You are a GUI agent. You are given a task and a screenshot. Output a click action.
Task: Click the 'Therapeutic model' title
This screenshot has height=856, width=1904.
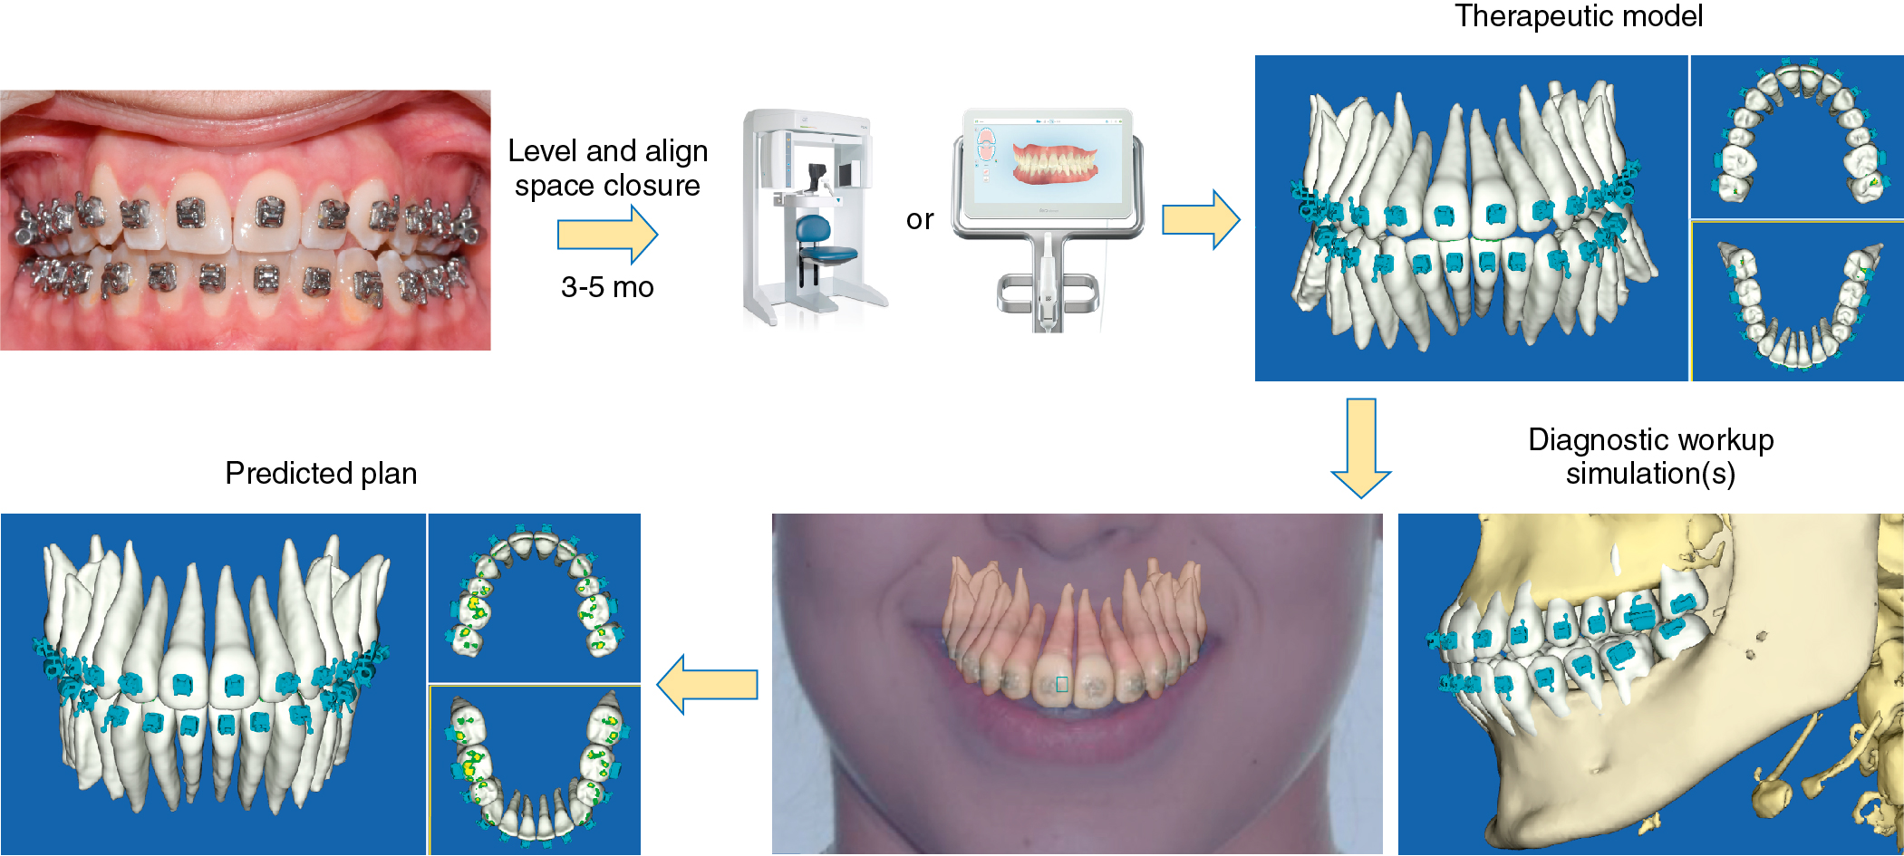pos(1578,16)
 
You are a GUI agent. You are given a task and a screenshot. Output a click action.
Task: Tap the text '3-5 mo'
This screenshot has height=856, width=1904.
pos(607,287)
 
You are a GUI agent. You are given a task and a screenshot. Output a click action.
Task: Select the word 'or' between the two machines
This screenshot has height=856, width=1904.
pos(919,219)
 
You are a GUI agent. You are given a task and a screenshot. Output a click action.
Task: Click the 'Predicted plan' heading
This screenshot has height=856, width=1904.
pos(321,473)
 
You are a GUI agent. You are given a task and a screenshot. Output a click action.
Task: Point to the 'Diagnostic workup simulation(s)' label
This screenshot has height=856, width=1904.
pos(1650,456)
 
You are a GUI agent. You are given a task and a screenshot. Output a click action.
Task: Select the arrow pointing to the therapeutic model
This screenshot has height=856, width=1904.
pos(1200,219)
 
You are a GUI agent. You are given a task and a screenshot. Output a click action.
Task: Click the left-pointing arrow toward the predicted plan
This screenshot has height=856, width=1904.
pos(708,685)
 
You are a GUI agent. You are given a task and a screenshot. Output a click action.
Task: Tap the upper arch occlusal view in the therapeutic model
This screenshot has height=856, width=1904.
pos(1796,136)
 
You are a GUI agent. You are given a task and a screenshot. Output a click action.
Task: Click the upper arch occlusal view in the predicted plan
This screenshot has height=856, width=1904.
pos(534,597)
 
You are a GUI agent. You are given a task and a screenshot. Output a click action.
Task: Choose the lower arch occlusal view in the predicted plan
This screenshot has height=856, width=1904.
pos(535,770)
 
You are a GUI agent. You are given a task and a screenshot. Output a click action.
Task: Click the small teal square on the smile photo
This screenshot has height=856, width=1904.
pos(1062,684)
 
